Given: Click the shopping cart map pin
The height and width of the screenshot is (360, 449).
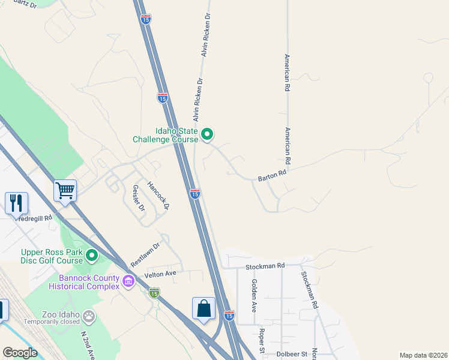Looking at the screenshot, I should tap(65, 190).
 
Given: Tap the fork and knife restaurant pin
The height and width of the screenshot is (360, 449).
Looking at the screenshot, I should tap(16, 203).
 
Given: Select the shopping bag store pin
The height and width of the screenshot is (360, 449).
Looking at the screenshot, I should tap(203, 308).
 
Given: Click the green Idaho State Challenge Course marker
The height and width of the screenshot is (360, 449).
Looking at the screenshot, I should tap(207, 134).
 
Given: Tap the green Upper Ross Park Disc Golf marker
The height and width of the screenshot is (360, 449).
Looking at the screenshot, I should tap(92, 256).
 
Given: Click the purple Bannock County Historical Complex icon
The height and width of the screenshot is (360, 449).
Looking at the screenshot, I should tap(128, 281).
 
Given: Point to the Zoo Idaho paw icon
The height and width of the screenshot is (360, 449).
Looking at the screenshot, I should tap(89, 315).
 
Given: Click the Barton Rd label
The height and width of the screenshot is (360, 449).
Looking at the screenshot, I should tap(272, 176).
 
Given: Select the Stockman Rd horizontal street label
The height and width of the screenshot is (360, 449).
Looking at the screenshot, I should tap(265, 266).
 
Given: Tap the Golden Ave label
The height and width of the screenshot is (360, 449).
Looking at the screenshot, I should tap(254, 295).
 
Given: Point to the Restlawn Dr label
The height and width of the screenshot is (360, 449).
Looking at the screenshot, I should tap(145, 254).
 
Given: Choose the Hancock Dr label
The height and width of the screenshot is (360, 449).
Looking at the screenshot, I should tap(159, 194).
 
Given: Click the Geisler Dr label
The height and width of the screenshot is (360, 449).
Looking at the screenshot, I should tap(138, 199).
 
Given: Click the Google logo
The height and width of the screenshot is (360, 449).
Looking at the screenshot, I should tap(20, 353).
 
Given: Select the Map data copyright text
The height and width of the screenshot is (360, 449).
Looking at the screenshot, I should tap(423, 355).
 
